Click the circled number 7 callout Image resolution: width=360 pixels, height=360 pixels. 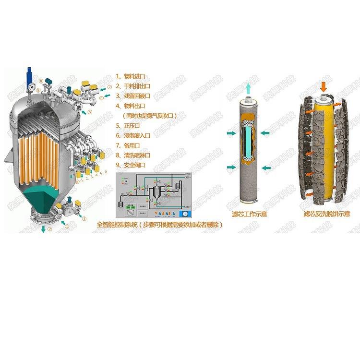click(109, 87)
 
